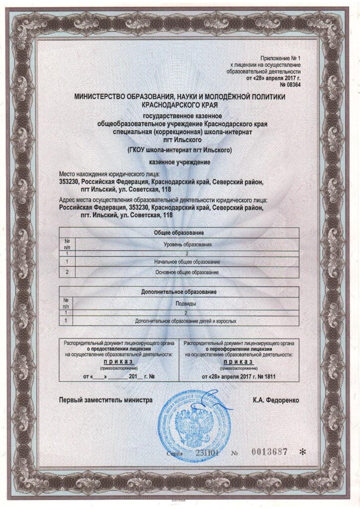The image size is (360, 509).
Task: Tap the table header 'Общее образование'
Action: [179, 232]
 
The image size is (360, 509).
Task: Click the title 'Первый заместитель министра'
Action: [106, 400]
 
